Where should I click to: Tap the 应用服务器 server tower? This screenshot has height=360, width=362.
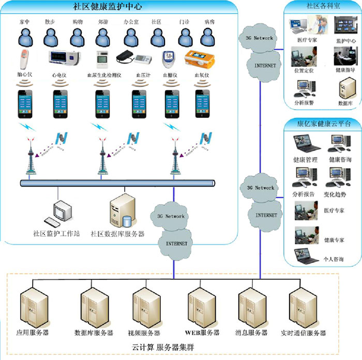coord(31,309)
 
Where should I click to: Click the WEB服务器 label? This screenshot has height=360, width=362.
coord(202,333)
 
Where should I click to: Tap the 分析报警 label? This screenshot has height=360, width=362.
coord(304,102)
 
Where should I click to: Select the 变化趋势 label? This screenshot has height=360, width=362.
coord(340,194)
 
